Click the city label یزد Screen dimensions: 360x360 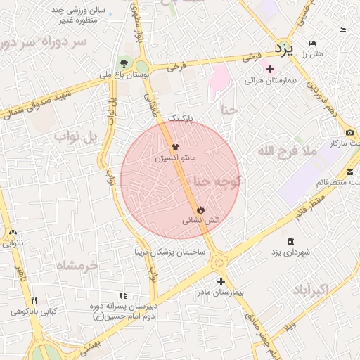[283, 49]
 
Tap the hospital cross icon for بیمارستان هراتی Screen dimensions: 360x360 [270, 69]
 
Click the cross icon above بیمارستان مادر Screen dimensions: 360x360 [221, 281]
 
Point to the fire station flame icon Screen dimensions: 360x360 [200, 210]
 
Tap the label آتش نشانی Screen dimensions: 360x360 [201, 221]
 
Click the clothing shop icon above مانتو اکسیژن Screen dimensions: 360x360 [175, 148]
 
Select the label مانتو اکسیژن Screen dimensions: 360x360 [176, 159]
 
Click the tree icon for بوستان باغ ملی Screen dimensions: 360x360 [125, 63]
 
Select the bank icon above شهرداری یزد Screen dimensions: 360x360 [291, 241]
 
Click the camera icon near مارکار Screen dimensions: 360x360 [349, 133]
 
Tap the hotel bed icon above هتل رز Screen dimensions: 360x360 [313, 44]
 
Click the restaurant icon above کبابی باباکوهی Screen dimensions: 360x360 [33, 301]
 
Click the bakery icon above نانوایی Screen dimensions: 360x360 [13, 233]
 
